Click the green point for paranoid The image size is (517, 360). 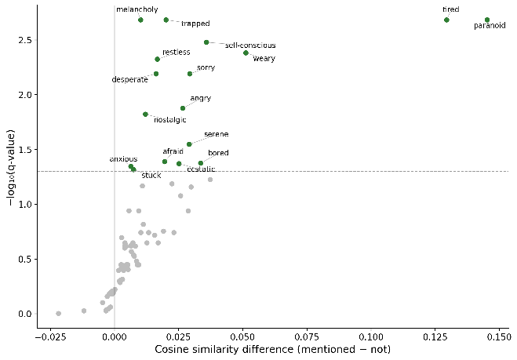coord(487,20)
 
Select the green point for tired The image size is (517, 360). coord(446,20)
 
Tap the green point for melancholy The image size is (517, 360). coord(140,20)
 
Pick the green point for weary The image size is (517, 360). coord(246,53)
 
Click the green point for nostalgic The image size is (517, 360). coord(145,114)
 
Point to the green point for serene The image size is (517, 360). coord(189,144)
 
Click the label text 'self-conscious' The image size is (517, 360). coord(250,45)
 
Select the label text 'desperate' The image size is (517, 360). coord(129,79)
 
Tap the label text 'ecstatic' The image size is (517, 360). coord(201,169)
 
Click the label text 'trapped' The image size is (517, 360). coord(195,24)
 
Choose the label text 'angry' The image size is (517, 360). coord(200,98)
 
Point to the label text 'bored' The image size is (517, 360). coord(218,152)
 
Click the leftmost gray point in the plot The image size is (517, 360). coord(58,313)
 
